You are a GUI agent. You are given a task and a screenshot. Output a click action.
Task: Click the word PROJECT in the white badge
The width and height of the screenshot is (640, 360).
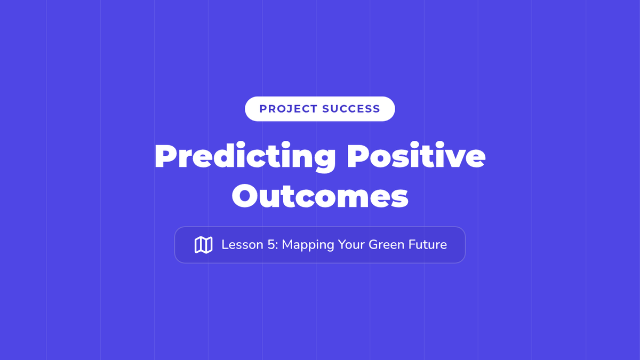click(x=289, y=109)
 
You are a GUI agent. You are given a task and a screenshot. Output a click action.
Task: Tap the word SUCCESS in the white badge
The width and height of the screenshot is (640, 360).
click(x=351, y=109)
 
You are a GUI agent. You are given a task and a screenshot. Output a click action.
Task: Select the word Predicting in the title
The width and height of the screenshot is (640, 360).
click(x=245, y=157)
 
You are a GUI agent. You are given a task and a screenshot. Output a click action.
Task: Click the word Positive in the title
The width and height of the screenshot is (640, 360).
click(x=417, y=155)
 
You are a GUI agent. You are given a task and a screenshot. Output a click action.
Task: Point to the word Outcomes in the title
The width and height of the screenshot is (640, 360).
click(x=320, y=196)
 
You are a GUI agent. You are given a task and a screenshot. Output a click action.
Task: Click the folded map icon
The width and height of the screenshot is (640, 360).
click(x=203, y=245)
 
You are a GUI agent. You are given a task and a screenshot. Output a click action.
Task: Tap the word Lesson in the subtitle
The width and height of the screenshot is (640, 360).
click(x=242, y=245)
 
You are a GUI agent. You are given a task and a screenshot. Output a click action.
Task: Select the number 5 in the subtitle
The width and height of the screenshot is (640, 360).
click(x=271, y=245)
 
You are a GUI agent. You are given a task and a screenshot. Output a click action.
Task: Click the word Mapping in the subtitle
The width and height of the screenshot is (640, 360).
click(x=308, y=246)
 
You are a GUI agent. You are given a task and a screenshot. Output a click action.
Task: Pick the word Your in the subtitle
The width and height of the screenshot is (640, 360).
click(x=351, y=245)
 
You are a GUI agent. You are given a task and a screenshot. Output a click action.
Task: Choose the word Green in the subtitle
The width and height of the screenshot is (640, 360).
click(x=386, y=245)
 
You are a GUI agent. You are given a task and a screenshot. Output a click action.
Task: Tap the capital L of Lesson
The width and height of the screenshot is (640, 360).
click(x=225, y=245)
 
